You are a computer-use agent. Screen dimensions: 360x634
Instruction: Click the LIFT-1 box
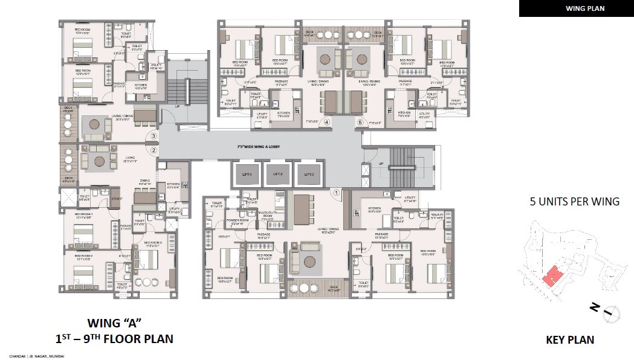(247, 174)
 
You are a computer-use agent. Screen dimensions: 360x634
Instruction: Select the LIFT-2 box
(278, 174)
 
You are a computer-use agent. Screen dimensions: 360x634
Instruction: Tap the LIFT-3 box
(309, 174)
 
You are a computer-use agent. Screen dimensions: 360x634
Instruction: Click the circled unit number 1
(337, 193)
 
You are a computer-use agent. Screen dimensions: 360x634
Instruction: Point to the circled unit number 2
(154, 150)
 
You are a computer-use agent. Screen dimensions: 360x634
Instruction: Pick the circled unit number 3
(154, 137)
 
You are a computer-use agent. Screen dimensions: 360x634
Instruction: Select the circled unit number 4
(326, 122)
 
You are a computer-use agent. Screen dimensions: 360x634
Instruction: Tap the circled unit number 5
(361, 122)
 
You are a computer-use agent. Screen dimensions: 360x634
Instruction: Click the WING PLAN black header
(576, 8)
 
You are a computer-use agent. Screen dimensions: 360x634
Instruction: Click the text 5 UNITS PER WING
(573, 202)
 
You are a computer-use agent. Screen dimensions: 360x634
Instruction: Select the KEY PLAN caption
(569, 340)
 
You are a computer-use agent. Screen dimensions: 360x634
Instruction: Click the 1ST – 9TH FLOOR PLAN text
(114, 339)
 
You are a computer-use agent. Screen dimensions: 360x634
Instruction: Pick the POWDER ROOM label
(233, 222)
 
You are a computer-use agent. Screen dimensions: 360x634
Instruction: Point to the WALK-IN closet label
(438, 216)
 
